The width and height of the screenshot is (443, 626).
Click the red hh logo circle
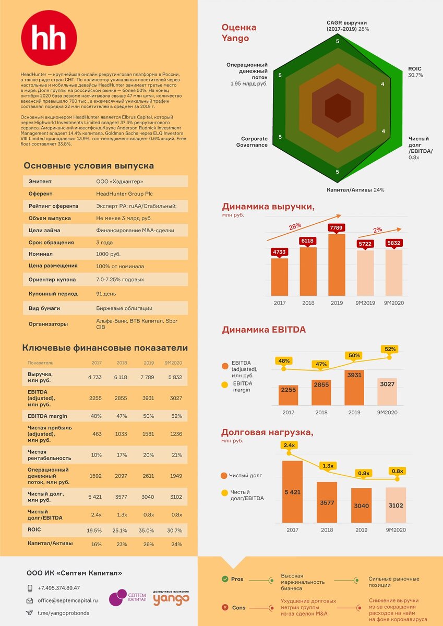point(49,38)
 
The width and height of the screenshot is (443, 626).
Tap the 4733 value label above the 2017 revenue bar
point(279,252)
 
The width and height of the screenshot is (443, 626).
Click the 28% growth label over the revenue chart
point(295,226)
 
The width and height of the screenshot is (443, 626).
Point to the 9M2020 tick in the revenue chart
point(394,303)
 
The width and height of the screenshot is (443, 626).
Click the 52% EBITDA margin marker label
point(390,349)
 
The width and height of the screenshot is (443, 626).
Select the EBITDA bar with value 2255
point(288,395)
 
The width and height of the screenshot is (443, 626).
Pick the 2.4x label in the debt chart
point(289,445)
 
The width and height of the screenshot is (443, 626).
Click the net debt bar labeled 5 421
point(292,492)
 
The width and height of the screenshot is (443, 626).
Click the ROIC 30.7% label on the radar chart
point(415,72)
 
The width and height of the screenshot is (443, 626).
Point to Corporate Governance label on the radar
point(254,142)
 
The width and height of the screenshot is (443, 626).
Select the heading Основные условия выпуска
point(89,166)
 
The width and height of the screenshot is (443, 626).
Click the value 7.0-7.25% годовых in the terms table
point(120,280)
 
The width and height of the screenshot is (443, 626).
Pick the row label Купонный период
point(53,294)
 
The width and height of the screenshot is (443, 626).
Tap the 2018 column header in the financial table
point(122,363)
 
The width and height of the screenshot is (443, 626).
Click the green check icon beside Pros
point(225,579)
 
